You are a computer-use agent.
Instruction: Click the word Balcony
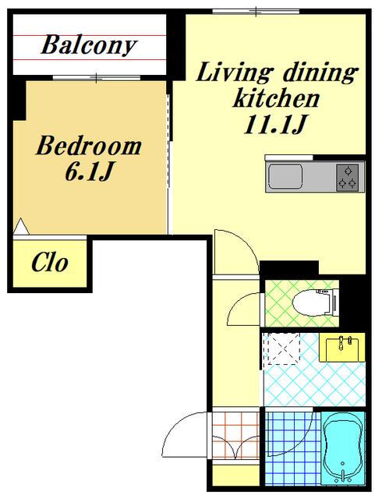[89, 46]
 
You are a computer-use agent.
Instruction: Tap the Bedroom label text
[89, 146]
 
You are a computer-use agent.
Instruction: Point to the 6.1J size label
[89, 172]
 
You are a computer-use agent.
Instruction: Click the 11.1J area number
[276, 125]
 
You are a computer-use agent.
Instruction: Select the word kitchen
[276, 98]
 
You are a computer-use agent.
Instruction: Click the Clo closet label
[50, 263]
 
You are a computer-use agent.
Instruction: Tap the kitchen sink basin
[285, 177]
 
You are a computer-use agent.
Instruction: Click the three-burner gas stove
[347, 177]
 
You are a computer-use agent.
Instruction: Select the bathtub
[343, 451]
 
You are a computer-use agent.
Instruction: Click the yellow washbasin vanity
[342, 348]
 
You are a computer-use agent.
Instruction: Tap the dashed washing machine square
[284, 349]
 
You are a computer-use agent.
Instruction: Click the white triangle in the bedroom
[21, 227]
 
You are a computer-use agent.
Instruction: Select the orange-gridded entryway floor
[235, 436]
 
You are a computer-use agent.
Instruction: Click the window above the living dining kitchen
[256, 12]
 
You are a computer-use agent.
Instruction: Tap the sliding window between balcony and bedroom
[97, 78]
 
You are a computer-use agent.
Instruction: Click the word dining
[320, 73]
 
